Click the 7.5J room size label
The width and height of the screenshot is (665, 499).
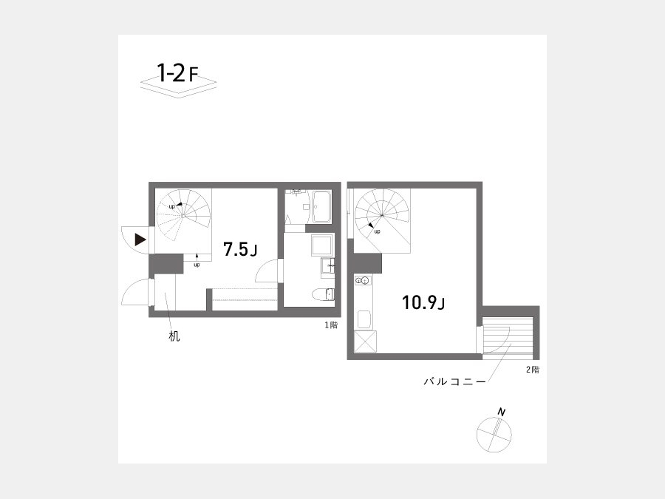[240, 250]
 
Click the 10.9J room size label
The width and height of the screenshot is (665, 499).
[423, 302]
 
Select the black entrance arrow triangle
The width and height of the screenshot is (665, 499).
[140, 240]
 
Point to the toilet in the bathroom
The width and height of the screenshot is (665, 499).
[323, 294]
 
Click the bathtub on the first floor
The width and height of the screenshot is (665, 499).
[322, 206]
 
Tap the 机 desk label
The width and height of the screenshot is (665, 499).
[174, 336]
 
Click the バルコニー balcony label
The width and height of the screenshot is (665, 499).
[454, 381]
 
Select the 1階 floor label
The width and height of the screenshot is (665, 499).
[331, 325]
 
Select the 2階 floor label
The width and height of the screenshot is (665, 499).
[533, 370]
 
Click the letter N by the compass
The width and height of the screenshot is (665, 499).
[502, 412]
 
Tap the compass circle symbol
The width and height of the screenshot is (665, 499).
[494, 435]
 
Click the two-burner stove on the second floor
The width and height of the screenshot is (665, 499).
[364, 280]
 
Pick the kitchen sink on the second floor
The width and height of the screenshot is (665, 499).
[365, 319]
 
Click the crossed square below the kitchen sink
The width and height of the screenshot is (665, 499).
[365, 342]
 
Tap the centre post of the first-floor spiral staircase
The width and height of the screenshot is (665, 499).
[183, 216]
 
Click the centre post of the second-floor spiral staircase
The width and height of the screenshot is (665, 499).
[382, 216]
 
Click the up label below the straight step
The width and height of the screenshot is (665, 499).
[197, 265]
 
